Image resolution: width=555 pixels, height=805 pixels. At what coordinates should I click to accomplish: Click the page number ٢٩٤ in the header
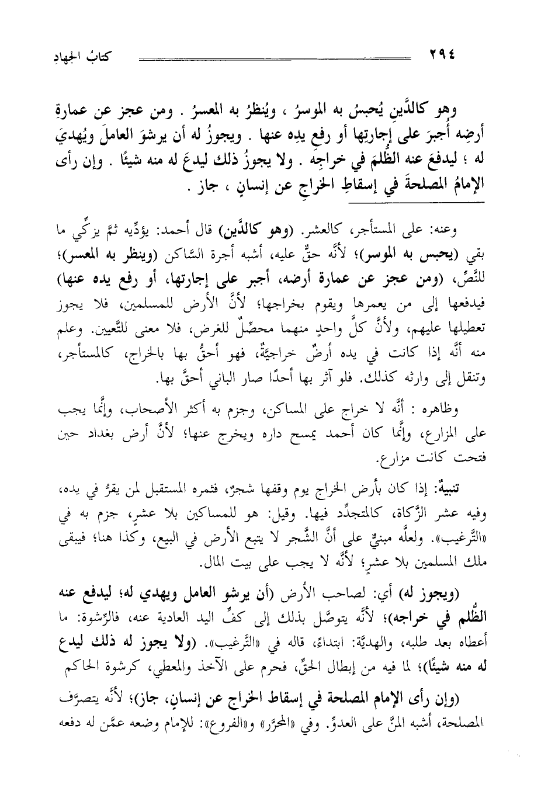coord(444,56)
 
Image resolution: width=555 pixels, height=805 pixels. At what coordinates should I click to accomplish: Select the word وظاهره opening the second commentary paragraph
coord(474,410)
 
